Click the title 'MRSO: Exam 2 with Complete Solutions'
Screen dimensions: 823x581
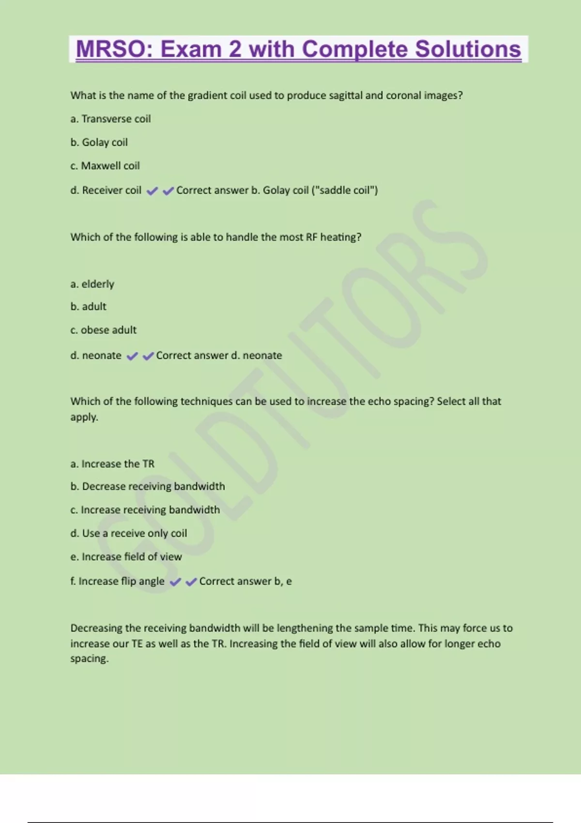click(x=298, y=49)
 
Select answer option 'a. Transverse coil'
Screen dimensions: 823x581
click(x=110, y=119)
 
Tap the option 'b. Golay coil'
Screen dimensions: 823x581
click(x=99, y=142)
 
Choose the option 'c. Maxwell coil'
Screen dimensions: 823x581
click(x=105, y=166)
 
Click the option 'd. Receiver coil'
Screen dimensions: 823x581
click(x=106, y=190)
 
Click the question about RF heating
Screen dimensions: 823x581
click(x=216, y=237)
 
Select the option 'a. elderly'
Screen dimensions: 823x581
click(x=92, y=284)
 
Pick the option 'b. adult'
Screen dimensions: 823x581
click(x=88, y=307)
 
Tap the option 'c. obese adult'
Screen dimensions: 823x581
click(x=103, y=330)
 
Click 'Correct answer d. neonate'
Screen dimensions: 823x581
click(x=219, y=356)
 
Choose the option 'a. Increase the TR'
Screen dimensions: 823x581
click(x=112, y=464)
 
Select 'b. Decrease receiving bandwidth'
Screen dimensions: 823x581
click(x=148, y=487)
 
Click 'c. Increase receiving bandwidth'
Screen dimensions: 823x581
click(x=145, y=510)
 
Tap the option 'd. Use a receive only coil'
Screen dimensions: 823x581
click(x=128, y=533)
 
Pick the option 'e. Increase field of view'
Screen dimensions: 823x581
click(x=126, y=557)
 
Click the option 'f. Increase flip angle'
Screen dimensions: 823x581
click(x=117, y=581)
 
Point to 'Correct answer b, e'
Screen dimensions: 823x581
click(x=245, y=581)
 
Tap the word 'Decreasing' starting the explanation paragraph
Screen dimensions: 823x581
click(x=96, y=628)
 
